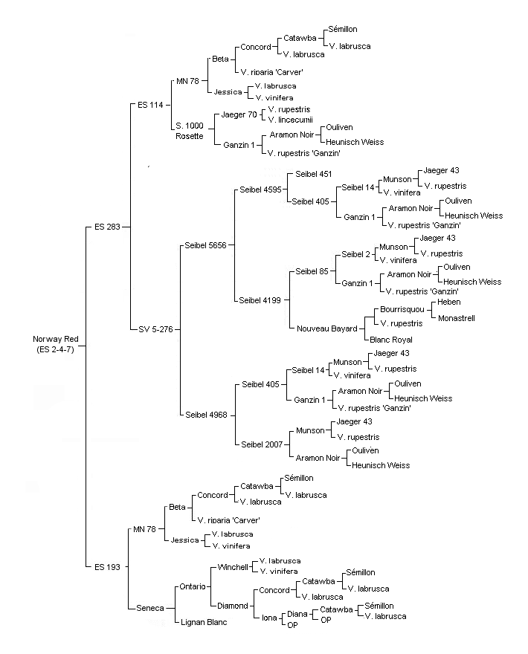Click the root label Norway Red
click(x=56, y=339)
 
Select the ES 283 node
click(x=107, y=227)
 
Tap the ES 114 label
click(x=150, y=105)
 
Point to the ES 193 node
click(x=107, y=567)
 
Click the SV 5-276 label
click(x=155, y=329)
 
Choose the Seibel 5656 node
click(x=205, y=246)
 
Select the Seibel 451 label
click(x=314, y=175)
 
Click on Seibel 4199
click(x=260, y=300)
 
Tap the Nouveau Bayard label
click(x=326, y=328)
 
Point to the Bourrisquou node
click(x=402, y=309)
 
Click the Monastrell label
click(x=456, y=318)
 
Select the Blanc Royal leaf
click(x=391, y=340)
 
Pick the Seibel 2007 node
click(x=262, y=444)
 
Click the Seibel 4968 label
click(x=206, y=415)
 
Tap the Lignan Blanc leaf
click(x=204, y=622)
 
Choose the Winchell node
click(x=233, y=567)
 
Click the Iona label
click(x=269, y=618)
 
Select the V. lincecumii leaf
click(x=291, y=120)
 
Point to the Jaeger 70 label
click(x=239, y=114)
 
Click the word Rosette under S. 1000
click(x=190, y=137)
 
